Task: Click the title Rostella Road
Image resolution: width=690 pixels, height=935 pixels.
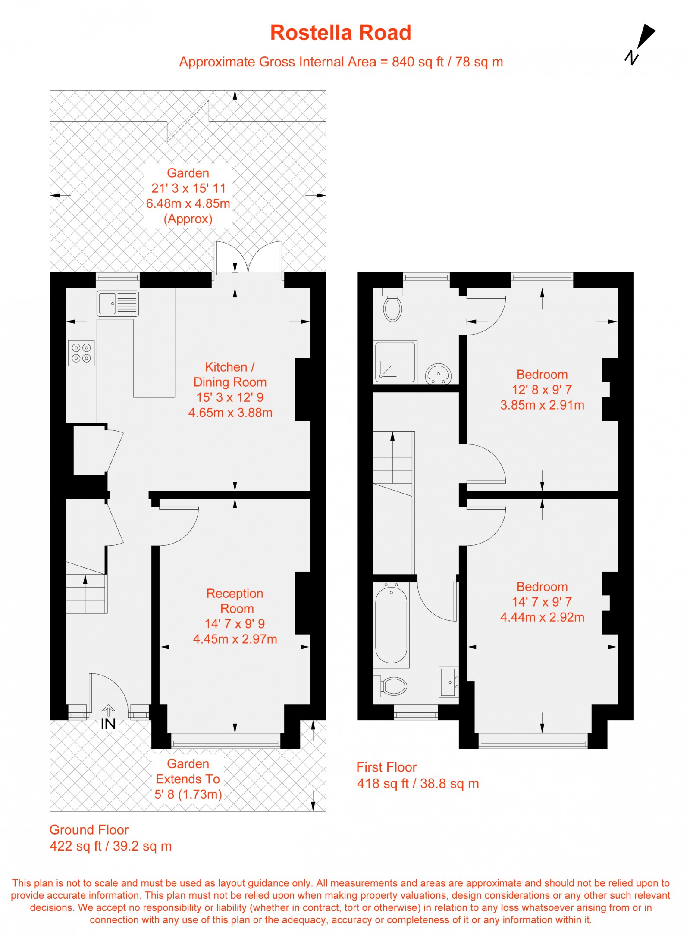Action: tap(340, 33)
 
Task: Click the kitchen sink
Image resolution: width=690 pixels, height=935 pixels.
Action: tap(118, 303)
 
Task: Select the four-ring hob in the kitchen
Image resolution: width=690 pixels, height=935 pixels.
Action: tap(81, 353)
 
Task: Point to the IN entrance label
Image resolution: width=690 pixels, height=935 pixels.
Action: tap(108, 723)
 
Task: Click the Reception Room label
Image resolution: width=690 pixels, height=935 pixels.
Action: tap(235, 601)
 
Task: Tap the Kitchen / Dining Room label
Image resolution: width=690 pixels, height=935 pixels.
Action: tap(230, 375)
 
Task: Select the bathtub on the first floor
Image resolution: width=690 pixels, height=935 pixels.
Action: tap(391, 623)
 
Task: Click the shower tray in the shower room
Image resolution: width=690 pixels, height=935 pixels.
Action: tap(395, 362)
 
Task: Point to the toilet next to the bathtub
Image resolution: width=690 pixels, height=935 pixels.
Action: tap(393, 685)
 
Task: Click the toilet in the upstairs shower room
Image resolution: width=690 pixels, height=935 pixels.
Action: tap(392, 306)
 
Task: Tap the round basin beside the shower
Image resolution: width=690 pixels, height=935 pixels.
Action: tap(438, 373)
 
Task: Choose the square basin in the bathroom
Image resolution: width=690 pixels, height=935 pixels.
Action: tap(449, 682)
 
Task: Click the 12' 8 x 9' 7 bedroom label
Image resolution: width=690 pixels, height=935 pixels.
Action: tap(542, 390)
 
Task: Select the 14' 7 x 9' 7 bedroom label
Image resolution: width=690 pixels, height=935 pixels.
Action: tap(542, 602)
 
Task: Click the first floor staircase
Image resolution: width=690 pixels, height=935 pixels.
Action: tap(393, 461)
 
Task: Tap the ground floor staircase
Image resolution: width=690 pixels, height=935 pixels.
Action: tap(86, 593)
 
